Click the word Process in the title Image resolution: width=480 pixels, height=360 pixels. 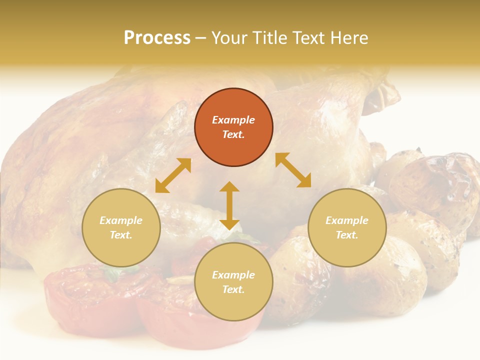tap(157, 38)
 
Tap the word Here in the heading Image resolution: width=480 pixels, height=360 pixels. tap(348, 38)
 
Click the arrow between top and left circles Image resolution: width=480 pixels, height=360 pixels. tap(173, 175)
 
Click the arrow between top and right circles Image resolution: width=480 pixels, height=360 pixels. tap(293, 170)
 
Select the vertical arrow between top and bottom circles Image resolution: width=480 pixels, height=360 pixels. tap(229, 205)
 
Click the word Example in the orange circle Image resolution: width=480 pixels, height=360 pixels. tap(233, 120)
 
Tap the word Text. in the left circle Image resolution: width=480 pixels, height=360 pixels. tap(121, 235)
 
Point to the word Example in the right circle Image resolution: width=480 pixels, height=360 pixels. tap(346, 220)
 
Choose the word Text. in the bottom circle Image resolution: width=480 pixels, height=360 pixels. tap(233, 289)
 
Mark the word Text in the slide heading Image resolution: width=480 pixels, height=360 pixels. tap(308, 38)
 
